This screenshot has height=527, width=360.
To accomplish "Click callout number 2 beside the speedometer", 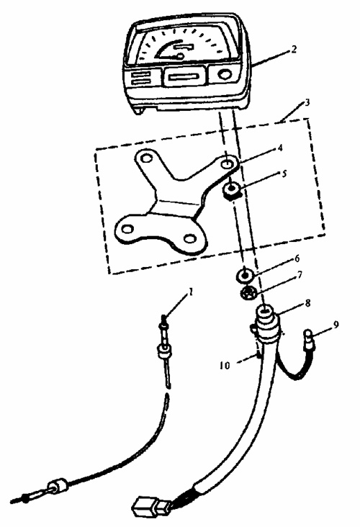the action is (x=294, y=50).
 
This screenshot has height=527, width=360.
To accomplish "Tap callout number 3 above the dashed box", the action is (x=307, y=103).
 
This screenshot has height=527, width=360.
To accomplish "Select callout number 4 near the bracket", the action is (x=279, y=148).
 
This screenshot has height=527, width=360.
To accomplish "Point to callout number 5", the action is (x=284, y=174).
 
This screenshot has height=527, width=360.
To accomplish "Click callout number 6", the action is (x=297, y=258).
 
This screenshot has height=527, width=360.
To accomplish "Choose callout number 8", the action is (x=307, y=303).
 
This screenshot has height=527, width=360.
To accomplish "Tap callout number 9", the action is (x=336, y=325).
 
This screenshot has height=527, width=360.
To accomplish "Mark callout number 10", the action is (x=225, y=365).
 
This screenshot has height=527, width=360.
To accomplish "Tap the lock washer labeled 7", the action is (x=249, y=293).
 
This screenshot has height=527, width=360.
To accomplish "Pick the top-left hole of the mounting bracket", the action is (x=145, y=158).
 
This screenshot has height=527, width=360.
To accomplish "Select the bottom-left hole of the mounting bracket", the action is (x=127, y=229).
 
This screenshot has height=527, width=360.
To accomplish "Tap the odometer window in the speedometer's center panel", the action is (x=184, y=77).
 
